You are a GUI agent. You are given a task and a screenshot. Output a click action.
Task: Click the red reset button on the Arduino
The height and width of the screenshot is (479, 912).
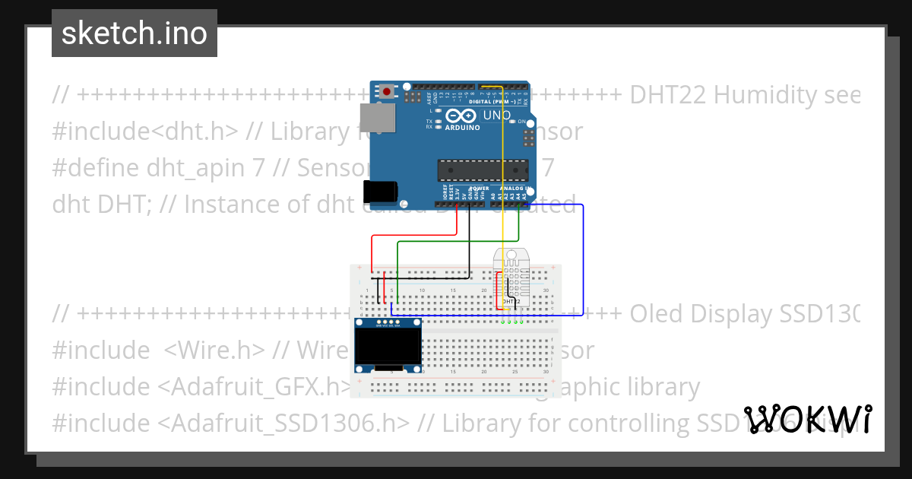388,92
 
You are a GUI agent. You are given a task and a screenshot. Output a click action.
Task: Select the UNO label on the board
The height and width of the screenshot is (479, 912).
496,115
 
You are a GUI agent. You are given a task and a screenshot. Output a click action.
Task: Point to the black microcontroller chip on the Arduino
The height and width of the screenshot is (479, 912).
483,171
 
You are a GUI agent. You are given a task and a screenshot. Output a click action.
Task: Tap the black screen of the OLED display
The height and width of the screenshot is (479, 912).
388,346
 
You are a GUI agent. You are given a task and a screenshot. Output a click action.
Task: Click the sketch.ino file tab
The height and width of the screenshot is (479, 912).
135,33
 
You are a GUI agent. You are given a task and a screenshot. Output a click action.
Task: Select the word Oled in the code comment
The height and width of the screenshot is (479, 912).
657,313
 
